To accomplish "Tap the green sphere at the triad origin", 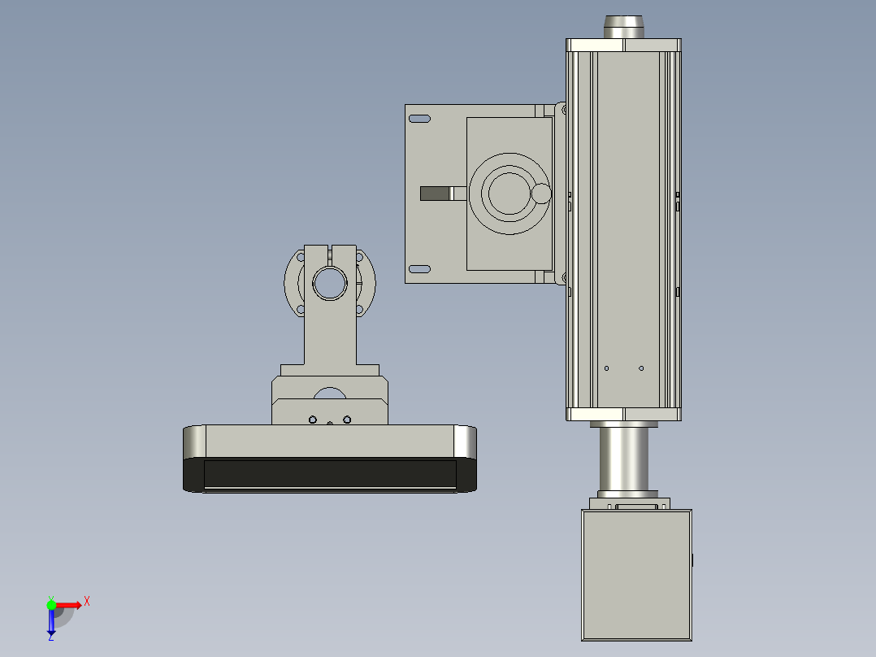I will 52,604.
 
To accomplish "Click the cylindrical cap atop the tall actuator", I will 623,26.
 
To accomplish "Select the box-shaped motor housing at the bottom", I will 636,576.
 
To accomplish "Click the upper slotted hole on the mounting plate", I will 419,119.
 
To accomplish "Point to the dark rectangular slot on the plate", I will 435,194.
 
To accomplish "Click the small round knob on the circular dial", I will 541,194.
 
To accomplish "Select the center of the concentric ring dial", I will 510,193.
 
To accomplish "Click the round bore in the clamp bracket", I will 331,283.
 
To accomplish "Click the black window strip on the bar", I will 329,473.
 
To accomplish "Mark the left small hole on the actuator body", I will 606,368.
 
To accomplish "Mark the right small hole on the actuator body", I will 640,368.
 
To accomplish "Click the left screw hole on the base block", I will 312,420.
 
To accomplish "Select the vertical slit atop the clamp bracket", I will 331,254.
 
